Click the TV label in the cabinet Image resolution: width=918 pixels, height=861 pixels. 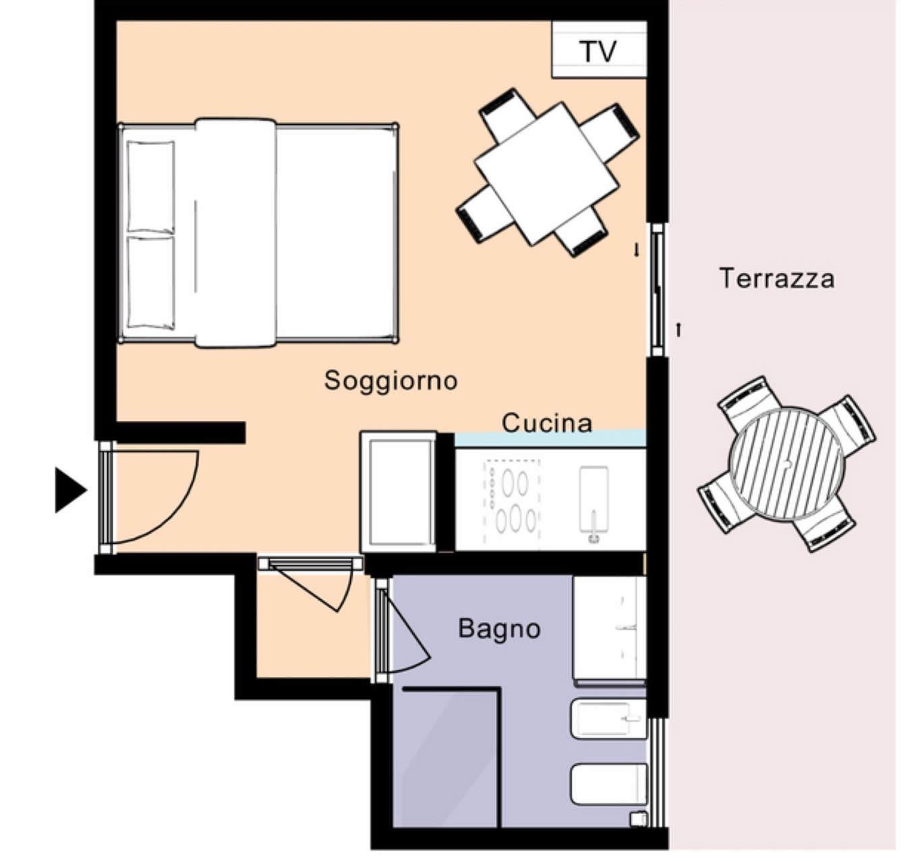(x=598, y=51)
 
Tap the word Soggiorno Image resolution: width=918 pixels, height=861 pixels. (x=391, y=381)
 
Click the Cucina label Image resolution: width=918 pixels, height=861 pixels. (x=547, y=423)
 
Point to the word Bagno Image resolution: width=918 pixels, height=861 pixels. (x=499, y=629)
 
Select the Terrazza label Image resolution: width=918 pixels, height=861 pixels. (x=777, y=278)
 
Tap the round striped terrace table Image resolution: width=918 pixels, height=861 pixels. (x=786, y=464)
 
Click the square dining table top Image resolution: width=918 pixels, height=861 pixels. (x=547, y=173)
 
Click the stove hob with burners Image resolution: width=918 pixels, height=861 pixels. (x=512, y=501)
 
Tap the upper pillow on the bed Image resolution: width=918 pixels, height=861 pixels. (x=150, y=186)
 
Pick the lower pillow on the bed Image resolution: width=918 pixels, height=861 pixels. (x=150, y=282)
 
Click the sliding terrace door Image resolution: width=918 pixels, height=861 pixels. (x=657, y=290)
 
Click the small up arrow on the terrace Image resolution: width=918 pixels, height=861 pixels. (x=679, y=330)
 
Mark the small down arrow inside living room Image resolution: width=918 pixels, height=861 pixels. (x=637, y=250)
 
